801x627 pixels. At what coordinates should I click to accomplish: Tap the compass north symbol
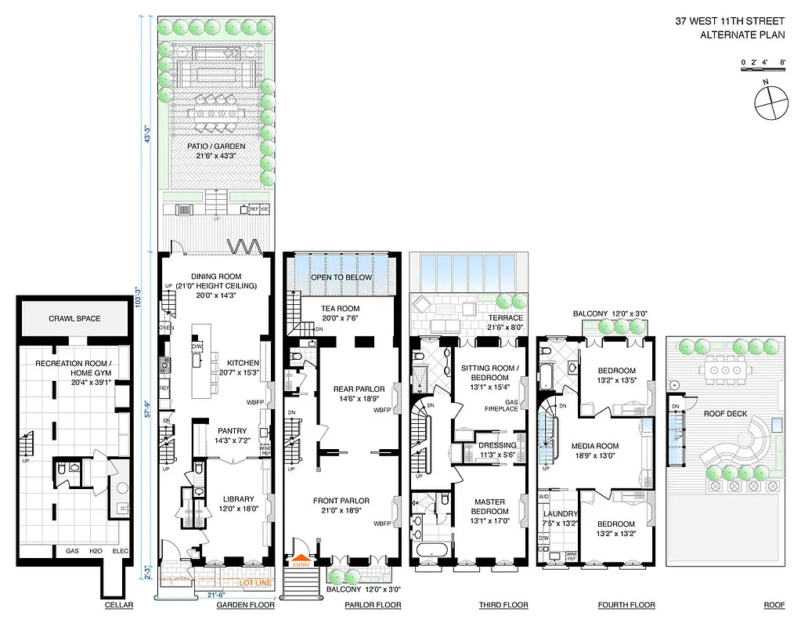(770, 100)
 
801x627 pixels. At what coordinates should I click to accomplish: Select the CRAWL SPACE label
(74, 318)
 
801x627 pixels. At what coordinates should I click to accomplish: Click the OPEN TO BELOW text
(341, 277)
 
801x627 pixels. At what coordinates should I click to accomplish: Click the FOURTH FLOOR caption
(626, 605)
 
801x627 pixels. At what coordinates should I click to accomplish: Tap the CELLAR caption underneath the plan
(119, 605)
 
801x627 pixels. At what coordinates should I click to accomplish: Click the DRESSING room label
(497, 445)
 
